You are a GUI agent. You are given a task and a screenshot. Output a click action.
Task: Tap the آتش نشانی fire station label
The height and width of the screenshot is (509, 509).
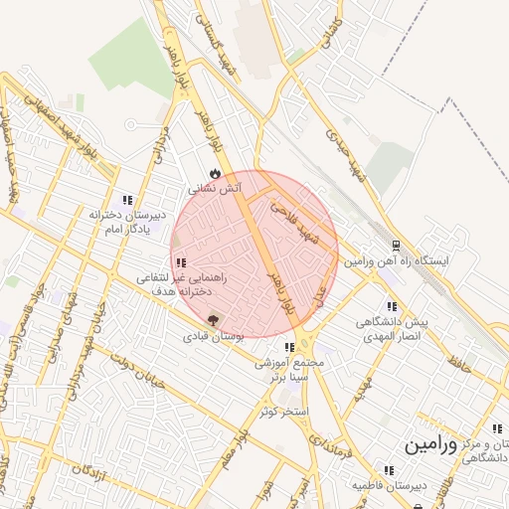click(216, 187)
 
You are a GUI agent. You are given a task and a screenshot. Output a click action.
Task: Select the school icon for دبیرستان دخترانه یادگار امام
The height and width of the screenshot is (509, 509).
click(125, 199)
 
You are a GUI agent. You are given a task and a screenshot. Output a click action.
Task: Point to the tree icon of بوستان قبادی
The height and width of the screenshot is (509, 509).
click(212, 321)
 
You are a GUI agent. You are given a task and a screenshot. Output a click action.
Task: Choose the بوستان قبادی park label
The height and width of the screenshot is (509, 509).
click(213, 337)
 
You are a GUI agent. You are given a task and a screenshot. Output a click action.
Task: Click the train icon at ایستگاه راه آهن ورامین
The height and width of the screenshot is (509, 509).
click(397, 245)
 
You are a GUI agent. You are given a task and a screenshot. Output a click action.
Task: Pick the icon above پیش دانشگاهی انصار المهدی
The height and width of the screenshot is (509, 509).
click(391, 306)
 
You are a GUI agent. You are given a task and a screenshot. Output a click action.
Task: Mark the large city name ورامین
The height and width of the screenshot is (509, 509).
click(429, 445)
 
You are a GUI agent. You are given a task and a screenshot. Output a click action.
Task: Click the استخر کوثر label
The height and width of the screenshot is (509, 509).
click(285, 411)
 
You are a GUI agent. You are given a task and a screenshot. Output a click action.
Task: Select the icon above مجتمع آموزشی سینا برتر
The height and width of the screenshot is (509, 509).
click(288, 348)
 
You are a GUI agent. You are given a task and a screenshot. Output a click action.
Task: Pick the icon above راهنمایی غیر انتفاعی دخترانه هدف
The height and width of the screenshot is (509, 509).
click(180, 262)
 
